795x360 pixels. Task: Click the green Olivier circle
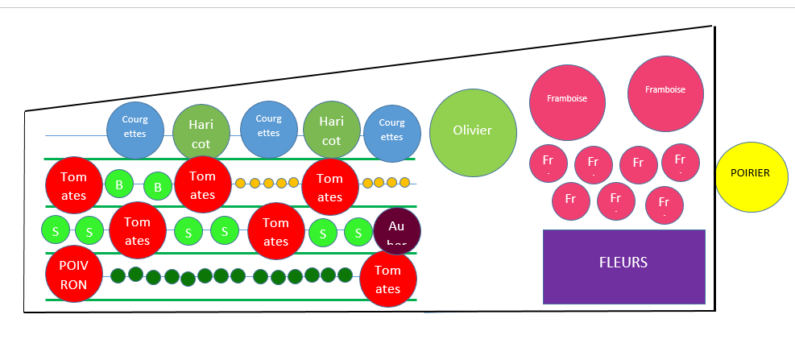[472, 131]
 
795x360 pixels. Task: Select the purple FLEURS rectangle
[624, 267]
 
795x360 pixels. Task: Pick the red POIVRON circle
[73, 274]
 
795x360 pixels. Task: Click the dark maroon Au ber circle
[397, 231]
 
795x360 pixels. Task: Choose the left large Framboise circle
[567, 100]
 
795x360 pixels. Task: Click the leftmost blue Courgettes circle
[135, 130]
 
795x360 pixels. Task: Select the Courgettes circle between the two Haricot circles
[269, 130]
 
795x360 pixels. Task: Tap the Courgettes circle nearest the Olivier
[392, 134]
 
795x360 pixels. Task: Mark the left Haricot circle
[201, 133]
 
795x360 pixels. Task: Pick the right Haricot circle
[332, 130]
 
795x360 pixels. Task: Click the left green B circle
[119, 184]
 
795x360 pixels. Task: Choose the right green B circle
[158, 186]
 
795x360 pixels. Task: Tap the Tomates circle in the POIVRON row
[388, 279]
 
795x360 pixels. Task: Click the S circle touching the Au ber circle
[358, 233]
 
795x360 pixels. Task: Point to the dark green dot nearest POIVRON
[118, 275]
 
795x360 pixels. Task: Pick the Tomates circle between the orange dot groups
[330, 187]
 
